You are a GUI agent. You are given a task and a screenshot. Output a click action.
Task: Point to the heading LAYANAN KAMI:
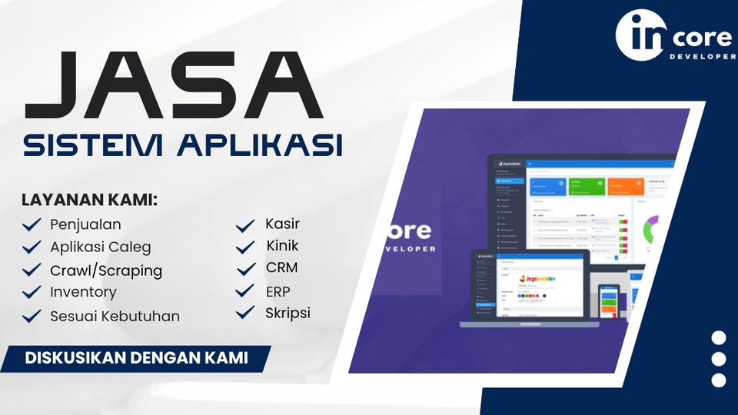pos(89,201)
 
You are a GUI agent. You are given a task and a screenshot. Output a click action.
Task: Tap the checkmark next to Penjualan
pos(32,225)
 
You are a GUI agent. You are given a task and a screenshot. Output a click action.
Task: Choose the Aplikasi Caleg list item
pos(101,247)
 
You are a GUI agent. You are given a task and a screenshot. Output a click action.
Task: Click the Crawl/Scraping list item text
pos(106,271)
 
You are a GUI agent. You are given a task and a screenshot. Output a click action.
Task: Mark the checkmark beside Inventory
pos(32,292)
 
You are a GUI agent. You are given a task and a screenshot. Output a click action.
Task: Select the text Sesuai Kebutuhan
pos(115,316)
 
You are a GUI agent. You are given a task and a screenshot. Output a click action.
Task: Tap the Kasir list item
pos(282,224)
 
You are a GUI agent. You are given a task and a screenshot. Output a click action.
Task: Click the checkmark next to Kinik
pos(245,247)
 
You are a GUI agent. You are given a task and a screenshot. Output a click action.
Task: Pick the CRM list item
pos(281,268)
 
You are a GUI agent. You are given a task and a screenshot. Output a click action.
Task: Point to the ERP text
pos(278,291)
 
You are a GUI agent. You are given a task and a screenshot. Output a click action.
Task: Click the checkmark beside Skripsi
pos(245,314)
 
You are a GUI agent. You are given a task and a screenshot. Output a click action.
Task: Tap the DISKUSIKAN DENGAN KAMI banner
pos(136,358)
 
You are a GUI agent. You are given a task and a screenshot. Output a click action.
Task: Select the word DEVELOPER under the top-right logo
pos(703,57)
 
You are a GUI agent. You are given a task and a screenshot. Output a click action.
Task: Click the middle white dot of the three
pos(719,359)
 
